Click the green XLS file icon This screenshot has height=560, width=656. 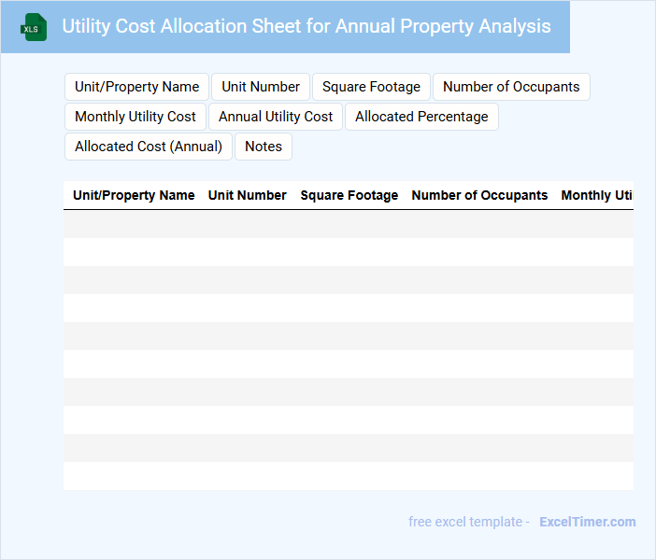[34, 27]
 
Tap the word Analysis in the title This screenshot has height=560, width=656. [512, 26]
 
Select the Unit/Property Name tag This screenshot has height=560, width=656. [137, 87]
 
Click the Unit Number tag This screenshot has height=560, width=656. [261, 87]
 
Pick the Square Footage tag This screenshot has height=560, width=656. [371, 87]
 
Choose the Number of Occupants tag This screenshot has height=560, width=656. [511, 87]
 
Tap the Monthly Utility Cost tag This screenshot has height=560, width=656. [135, 117]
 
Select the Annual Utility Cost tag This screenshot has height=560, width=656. [276, 117]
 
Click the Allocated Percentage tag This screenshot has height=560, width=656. [421, 117]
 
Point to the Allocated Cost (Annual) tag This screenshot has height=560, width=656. [149, 147]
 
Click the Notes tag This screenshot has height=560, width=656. [264, 147]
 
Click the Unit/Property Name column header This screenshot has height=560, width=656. [134, 195]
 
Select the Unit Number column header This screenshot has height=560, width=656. [248, 195]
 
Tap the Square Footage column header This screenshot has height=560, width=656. [349, 195]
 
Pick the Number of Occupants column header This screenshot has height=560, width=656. [479, 195]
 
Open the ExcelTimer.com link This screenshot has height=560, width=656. [587, 522]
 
